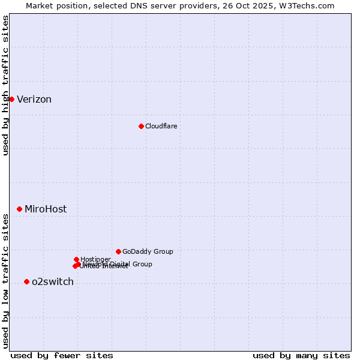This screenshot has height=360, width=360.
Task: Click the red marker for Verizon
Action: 11,99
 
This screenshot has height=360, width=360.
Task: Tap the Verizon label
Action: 34,100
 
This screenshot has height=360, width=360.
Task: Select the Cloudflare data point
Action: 141,126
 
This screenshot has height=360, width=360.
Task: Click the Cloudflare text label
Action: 161,126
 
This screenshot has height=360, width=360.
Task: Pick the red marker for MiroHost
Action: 20,209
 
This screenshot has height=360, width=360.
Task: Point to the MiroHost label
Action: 46,209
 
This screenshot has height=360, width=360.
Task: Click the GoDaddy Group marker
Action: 118,251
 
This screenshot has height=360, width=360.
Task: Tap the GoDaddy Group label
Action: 148,251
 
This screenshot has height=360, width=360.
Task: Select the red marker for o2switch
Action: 26,281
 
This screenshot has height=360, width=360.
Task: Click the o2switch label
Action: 53,282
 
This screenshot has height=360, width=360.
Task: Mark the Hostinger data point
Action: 76,259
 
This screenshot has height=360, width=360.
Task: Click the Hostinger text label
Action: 95,259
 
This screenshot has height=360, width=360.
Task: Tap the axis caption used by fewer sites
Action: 62,355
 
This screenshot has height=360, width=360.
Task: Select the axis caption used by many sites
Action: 301,355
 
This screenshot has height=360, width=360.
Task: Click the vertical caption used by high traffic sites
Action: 5,86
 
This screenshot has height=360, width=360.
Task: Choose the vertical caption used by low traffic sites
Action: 5,281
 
